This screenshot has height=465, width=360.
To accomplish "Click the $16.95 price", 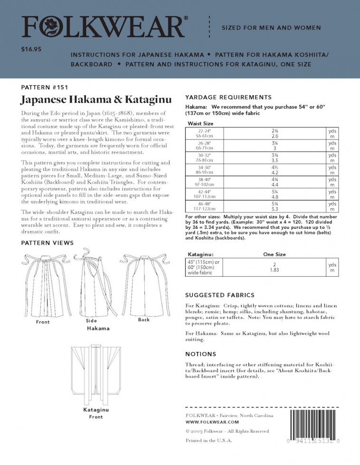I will (31, 49).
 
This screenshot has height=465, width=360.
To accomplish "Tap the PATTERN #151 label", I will (45, 87).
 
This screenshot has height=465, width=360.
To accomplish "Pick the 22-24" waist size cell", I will (205, 132).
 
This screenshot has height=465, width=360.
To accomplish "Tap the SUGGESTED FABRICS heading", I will (219, 295).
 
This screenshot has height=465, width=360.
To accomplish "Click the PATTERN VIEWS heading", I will (47, 243).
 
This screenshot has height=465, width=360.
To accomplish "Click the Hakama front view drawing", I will (43, 285).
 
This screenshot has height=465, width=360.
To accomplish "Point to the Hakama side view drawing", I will (93, 285).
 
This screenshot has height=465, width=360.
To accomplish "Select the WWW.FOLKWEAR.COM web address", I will (212, 422).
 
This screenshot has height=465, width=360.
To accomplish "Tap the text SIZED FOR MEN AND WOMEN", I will (271, 28).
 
